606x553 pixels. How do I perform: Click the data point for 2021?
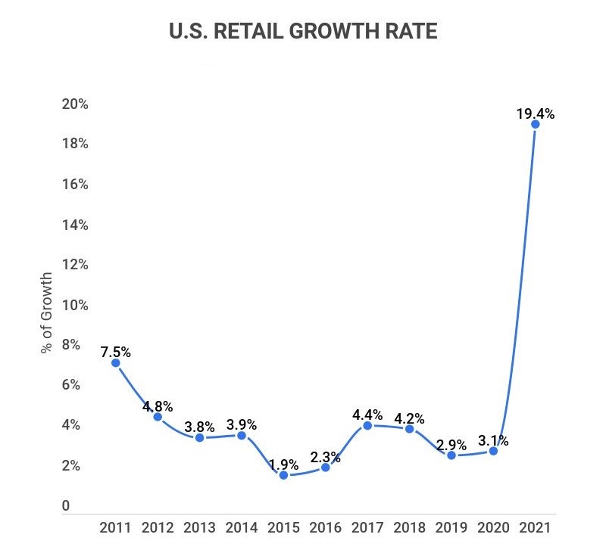[535, 124]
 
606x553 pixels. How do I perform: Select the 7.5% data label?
[116, 352]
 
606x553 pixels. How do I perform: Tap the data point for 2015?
[283, 475]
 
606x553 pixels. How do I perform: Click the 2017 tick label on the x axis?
[367, 527]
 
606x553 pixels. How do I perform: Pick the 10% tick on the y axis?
[76, 305]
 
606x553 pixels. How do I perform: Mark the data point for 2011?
[115, 363]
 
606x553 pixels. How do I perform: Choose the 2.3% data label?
[326, 457]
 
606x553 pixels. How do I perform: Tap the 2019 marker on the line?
[451, 455]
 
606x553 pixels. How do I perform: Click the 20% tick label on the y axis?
[76, 104]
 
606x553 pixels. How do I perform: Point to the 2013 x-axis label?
[199, 527]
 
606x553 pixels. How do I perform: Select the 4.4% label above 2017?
[367, 415]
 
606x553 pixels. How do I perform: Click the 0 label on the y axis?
[66, 506]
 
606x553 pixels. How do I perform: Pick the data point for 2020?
[493, 451]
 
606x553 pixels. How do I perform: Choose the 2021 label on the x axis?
[535, 527]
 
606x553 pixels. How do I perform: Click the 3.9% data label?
[242, 424]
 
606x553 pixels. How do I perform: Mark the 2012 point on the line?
[158, 417]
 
